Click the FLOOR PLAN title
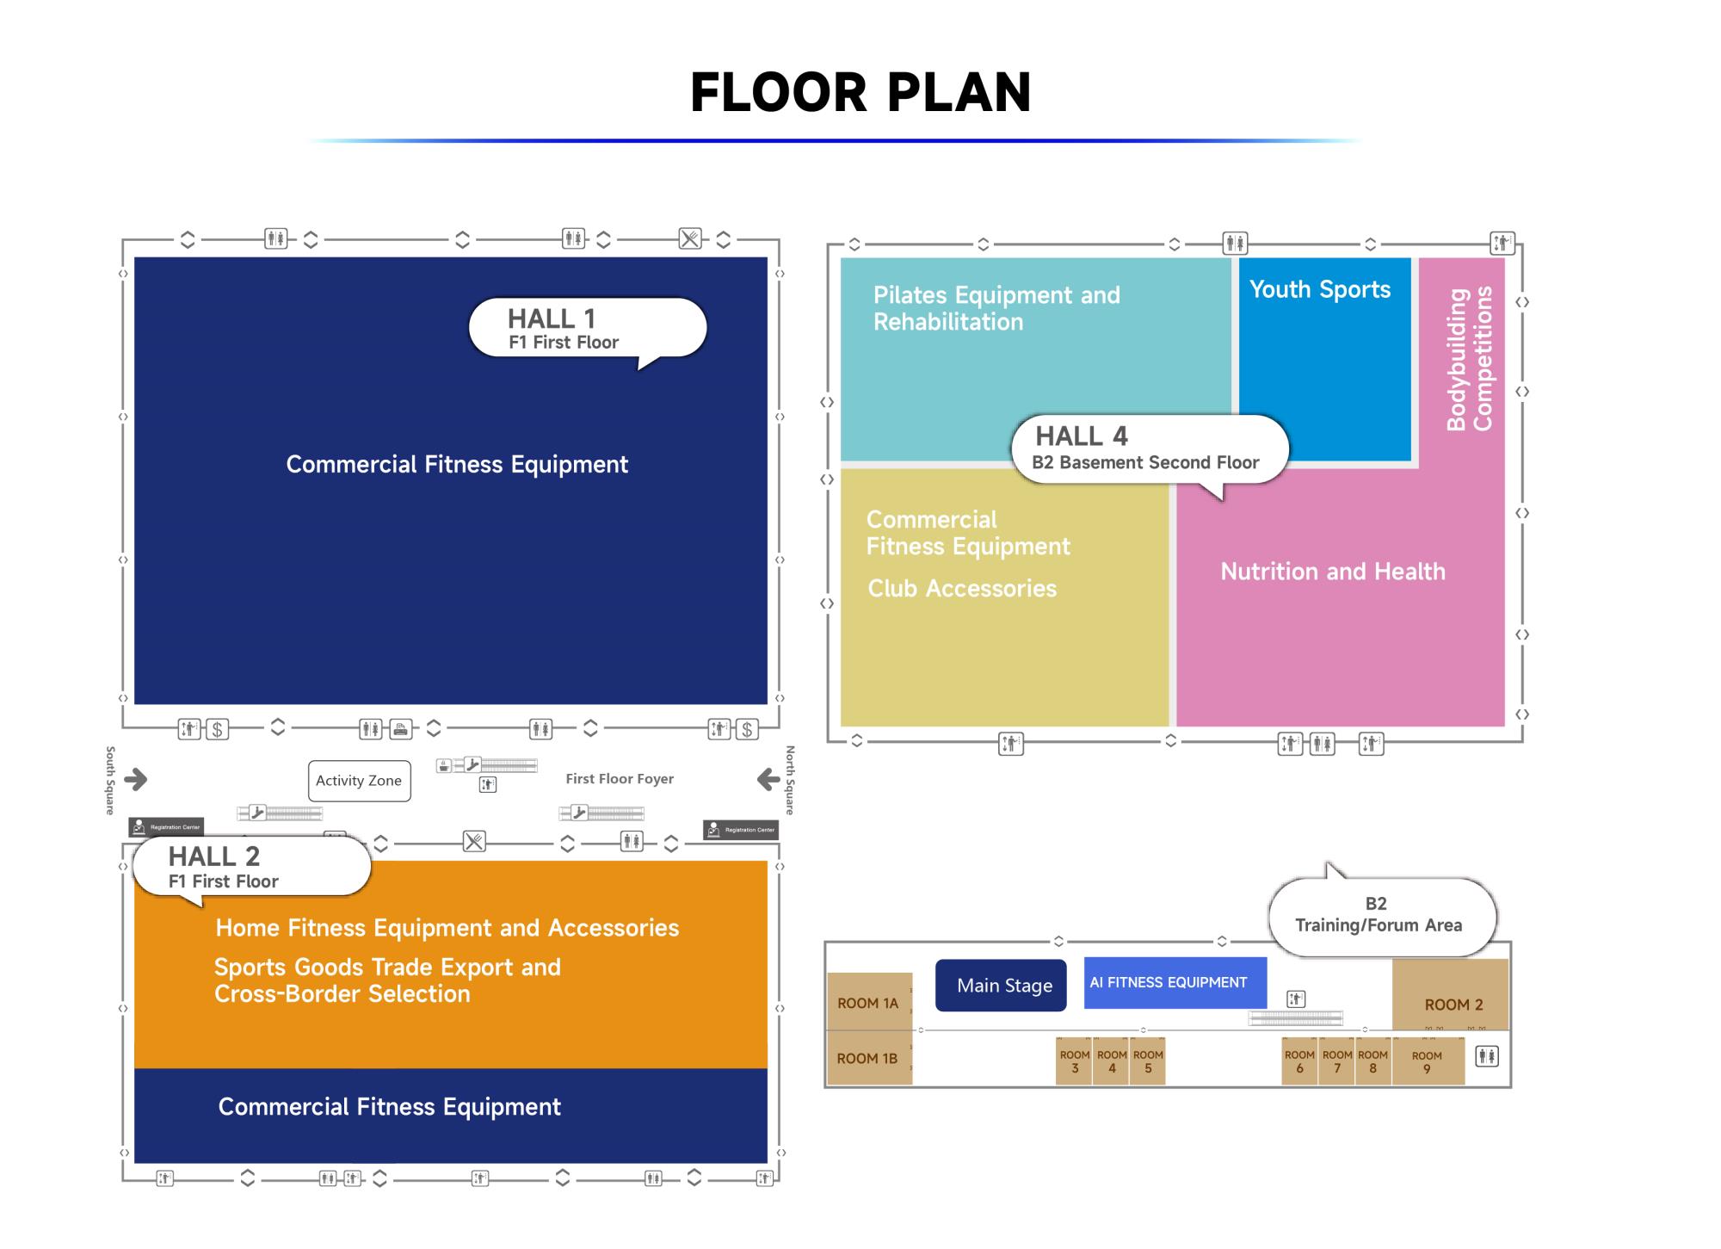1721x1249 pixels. click(860, 92)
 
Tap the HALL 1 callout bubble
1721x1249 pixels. click(587, 328)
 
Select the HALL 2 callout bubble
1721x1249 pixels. click(251, 867)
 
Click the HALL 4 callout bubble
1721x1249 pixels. click(1148, 448)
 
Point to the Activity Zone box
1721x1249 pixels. click(359, 781)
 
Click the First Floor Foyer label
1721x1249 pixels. click(620, 779)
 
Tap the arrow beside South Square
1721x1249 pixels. click(136, 780)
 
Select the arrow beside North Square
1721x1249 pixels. click(768, 780)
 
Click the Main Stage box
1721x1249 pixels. click(1001, 986)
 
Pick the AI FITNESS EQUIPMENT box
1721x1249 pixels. click(1175, 983)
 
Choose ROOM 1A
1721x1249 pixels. click(868, 1003)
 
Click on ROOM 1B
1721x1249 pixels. click(867, 1059)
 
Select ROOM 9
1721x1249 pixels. click(1427, 1061)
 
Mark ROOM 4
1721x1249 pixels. click(1112, 1061)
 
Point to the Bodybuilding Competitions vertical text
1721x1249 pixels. click(1470, 359)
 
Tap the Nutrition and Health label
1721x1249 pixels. click(1333, 572)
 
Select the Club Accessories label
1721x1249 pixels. click(962, 589)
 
